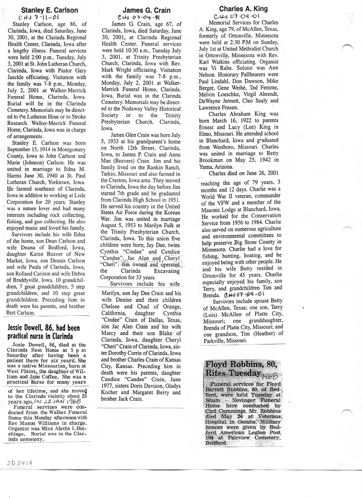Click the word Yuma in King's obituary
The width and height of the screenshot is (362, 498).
coord(218,161)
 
